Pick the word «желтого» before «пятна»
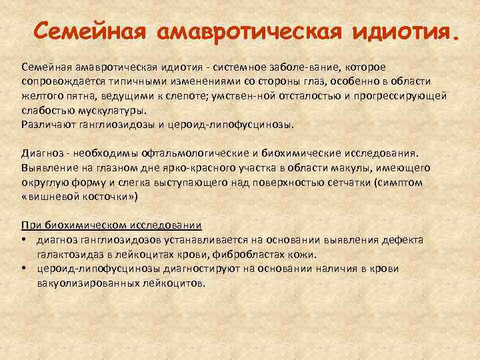[42, 96]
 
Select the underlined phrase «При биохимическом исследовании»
[112, 226]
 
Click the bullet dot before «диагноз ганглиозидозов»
[25, 240]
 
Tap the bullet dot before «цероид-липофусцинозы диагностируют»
[25, 269]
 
